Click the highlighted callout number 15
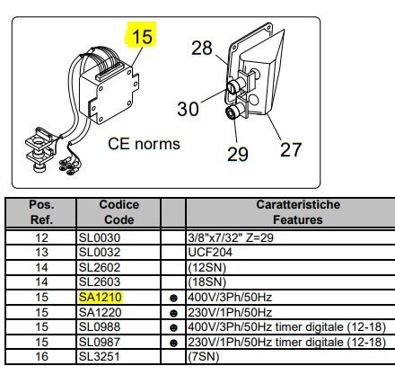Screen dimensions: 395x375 pos(142,36)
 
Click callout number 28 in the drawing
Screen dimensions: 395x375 pos(202,48)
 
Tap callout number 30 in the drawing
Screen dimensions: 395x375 pos(188,109)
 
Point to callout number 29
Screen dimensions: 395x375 pos(238,154)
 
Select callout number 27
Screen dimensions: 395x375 pos(291,149)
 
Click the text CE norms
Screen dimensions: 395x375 pos(144,144)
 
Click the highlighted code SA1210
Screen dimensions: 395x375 pos(101,297)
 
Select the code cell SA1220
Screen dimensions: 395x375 pos(101,312)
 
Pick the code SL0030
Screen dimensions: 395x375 pos(100,237)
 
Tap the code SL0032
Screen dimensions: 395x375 pos(100,252)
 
